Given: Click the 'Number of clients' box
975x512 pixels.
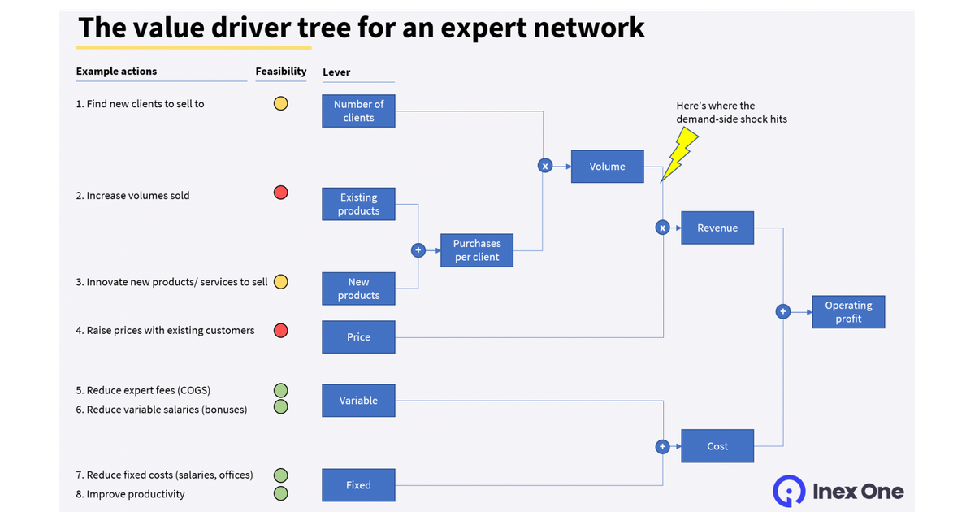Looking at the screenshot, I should pos(358,111).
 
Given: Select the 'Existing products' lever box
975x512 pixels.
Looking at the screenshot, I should pos(358,204).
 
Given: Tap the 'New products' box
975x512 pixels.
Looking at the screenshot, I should pos(358,289).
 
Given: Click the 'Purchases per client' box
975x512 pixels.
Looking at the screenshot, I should pos(477,250).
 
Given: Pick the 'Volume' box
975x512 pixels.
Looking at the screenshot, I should pos(607,166).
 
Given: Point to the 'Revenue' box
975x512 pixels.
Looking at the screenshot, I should pos(717,228).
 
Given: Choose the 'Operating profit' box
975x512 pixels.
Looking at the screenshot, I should pos(848,312).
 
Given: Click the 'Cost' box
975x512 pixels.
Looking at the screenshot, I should pos(717,446).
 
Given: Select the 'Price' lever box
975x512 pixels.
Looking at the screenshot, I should pos(358,336).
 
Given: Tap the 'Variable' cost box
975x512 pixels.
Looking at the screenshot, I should pos(358,401).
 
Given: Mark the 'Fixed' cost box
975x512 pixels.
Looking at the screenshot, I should pos(358,485).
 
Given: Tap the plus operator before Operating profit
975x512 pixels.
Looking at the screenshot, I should pos(783,311).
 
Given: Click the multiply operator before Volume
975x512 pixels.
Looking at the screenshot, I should pos(545,166).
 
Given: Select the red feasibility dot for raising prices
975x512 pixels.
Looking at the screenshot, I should pos(280,330).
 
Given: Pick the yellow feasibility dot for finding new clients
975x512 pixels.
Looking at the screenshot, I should pos(280,103).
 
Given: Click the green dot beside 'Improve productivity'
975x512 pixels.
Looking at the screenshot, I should pos(280,493).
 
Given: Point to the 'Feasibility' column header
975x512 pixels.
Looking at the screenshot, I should pos(281,72).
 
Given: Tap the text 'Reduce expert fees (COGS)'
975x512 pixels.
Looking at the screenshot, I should pos(149,390).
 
